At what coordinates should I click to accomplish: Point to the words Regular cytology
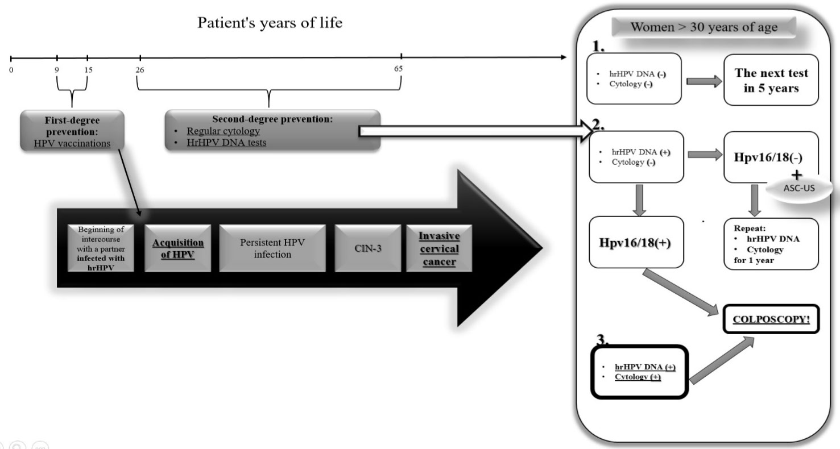[223, 131]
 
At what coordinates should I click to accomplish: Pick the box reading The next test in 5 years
[771, 80]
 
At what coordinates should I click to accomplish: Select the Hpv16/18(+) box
[636, 242]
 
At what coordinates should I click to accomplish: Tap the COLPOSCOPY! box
[771, 319]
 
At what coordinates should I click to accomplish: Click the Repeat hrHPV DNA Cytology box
[771, 243]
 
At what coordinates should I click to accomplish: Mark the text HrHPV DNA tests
[226, 143]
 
